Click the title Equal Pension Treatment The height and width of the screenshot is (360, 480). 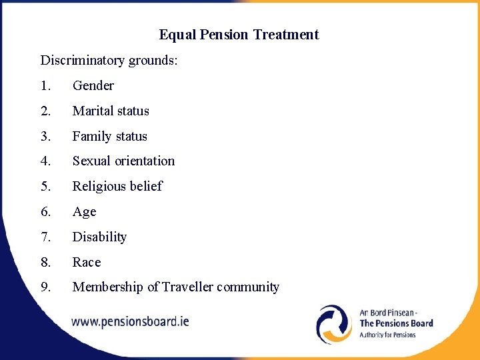pyautogui.click(x=239, y=35)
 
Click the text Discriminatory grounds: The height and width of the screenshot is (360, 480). pyautogui.click(x=109, y=60)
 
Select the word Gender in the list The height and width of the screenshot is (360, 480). pyautogui.click(x=93, y=85)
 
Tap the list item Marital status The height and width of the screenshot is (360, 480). pyautogui.click(x=111, y=111)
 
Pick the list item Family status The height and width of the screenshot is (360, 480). pyautogui.click(x=109, y=136)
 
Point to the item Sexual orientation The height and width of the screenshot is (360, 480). pyautogui.click(x=123, y=161)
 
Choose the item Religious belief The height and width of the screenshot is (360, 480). pyautogui.click(x=117, y=186)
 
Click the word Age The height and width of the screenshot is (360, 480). pyautogui.click(x=84, y=212)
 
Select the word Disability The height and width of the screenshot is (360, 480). pyautogui.click(x=99, y=237)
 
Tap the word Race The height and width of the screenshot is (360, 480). pyautogui.click(x=87, y=262)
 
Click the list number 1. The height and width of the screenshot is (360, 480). pyautogui.click(x=44, y=85)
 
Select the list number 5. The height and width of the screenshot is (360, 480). pyautogui.click(x=45, y=186)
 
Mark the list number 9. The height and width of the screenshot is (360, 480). pyautogui.click(x=45, y=287)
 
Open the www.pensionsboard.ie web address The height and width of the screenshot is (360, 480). pyautogui.click(x=130, y=321)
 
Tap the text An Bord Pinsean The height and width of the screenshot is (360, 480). pyautogui.click(x=387, y=312)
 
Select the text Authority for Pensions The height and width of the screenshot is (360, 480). pyautogui.click(x=387, y=335)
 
